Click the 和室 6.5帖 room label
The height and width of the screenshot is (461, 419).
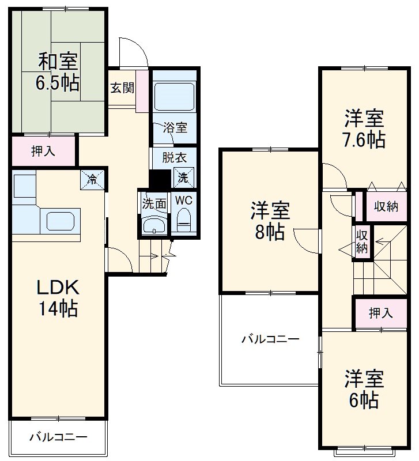[58, 71]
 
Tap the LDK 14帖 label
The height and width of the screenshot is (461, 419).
[58, 298]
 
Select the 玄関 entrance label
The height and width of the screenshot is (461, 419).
[122, 88]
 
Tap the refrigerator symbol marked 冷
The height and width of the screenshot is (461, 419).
[92, 179]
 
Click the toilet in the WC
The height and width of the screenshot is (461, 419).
[183, 220]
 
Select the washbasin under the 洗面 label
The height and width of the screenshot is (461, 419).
[153, 225]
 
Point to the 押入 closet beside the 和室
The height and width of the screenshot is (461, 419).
[43, 152]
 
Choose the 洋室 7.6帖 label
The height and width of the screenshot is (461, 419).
[364, 129]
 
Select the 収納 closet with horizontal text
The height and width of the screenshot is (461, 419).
[386, 206]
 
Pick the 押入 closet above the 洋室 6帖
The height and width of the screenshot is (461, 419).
[380, 313]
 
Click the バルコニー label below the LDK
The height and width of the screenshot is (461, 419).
[58, 437]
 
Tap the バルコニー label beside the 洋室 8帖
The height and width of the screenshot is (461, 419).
[270, 339]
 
